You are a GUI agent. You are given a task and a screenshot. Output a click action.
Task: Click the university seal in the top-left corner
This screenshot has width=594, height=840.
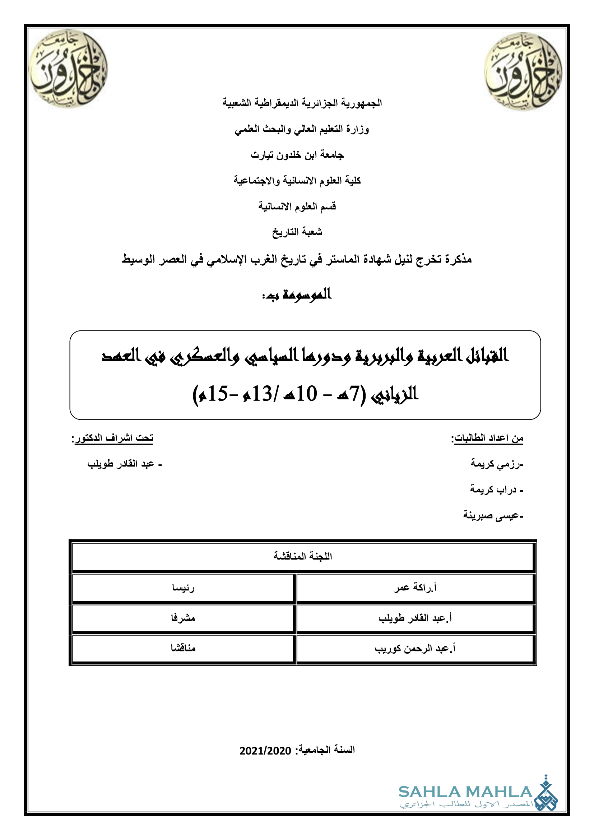68,69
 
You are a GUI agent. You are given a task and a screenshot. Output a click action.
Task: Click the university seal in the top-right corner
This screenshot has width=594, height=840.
523,72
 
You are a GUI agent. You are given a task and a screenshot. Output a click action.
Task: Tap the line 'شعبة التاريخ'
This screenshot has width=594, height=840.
297,232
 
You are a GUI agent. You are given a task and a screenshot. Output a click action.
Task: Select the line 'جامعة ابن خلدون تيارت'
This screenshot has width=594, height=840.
297,155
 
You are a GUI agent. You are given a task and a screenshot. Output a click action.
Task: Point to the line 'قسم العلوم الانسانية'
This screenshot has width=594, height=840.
297,206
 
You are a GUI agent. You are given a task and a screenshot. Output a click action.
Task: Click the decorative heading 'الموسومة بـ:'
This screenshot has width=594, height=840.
297,295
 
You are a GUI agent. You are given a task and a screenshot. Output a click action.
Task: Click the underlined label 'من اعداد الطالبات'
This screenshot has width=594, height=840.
488,438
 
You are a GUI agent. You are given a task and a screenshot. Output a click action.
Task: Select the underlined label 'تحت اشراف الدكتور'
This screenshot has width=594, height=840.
113,438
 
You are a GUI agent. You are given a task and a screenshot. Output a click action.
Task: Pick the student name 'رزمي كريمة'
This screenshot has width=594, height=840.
497,464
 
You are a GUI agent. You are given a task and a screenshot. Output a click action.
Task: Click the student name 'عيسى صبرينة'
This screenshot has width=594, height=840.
493,515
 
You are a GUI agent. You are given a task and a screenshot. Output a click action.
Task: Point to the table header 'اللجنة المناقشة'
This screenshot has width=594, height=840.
303,556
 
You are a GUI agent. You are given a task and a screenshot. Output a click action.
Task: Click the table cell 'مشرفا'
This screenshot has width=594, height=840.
183,618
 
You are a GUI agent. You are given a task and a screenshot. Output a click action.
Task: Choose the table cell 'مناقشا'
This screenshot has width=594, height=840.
183,648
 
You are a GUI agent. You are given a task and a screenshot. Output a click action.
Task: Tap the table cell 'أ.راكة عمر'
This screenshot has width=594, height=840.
415,588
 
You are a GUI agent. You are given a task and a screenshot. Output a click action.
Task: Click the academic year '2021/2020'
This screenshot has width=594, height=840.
265,751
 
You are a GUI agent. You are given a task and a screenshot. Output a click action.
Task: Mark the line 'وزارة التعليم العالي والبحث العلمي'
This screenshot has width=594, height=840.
302,129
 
